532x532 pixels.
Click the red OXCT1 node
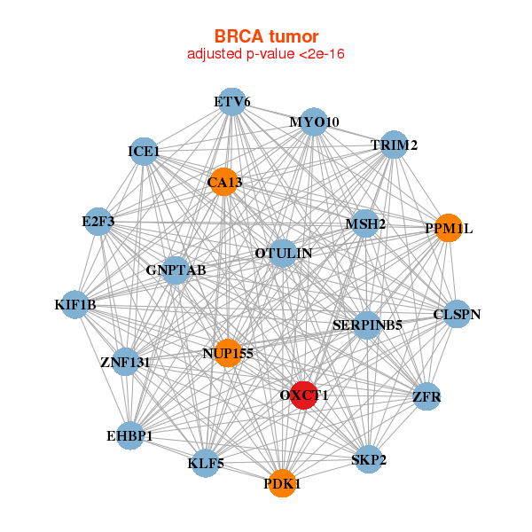304,395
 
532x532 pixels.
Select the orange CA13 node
224,182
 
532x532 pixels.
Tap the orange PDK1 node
282,483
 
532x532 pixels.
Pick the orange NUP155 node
228,353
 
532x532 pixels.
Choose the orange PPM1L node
449,228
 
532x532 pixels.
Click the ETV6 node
232,102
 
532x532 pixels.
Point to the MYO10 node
314,121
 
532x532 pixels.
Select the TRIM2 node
394,145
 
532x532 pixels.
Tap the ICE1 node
144,152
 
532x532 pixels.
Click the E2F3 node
98,221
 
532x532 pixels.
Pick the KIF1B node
75,304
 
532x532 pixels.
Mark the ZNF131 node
126,362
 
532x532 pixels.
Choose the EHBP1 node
130,435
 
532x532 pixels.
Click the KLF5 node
206,463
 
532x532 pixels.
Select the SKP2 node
369,459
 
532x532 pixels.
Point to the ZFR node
426,396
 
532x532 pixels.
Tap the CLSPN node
457,314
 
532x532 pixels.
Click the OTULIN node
283,253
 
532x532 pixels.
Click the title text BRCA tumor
266,36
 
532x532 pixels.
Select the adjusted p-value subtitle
266,54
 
